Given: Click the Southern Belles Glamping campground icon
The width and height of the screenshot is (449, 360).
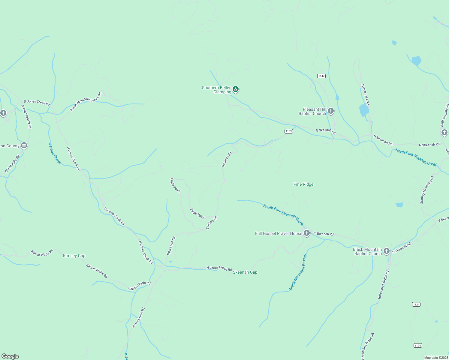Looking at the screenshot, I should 236,89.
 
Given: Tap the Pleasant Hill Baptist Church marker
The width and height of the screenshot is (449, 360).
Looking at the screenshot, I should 331,111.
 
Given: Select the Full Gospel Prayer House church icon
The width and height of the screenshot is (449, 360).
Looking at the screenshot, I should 306,233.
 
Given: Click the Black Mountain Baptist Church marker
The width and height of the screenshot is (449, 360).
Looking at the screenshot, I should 387,251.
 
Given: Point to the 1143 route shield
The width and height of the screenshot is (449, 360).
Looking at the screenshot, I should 321,76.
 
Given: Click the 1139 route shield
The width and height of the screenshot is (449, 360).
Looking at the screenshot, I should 288,131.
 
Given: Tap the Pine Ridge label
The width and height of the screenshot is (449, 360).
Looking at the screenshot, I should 303,184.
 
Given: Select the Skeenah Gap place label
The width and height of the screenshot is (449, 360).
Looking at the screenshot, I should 245,272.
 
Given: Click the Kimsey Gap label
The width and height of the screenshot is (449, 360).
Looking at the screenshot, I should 74,256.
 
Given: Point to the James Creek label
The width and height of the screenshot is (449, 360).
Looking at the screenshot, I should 55,154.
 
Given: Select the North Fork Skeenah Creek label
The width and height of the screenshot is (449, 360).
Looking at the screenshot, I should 416,157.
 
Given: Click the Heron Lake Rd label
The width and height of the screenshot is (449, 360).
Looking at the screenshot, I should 365,94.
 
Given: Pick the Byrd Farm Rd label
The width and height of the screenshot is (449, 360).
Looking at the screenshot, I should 171,246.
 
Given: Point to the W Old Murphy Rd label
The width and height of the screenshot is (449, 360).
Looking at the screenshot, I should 26,116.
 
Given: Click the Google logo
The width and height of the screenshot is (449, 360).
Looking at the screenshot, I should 10,356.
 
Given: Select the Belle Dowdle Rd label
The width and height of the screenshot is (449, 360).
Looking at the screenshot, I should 444,115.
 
